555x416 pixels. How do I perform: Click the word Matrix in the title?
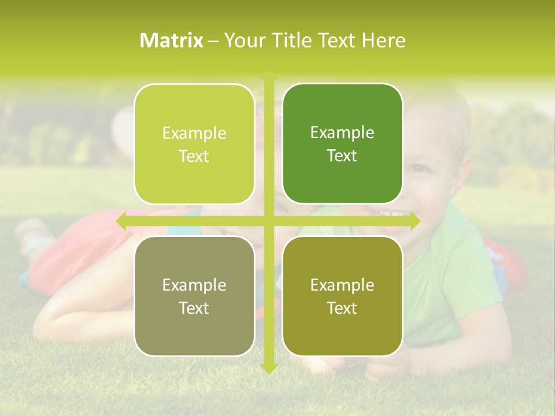tap(172, 40)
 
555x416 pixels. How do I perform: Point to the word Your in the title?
tap(243, 40)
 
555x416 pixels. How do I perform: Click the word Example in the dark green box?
tap(342, 132)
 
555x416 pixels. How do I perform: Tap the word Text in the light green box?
tap(194, 156)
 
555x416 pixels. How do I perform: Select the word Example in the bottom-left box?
tap(194, 285)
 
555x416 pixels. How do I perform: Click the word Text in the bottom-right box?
tap(342, 308)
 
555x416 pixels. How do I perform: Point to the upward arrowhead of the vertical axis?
tap(269, 75)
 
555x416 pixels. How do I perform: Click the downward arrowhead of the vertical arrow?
tap(269, 368)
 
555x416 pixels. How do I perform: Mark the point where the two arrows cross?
tap(269, 221)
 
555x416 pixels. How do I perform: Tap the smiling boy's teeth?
tap(388, 213)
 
